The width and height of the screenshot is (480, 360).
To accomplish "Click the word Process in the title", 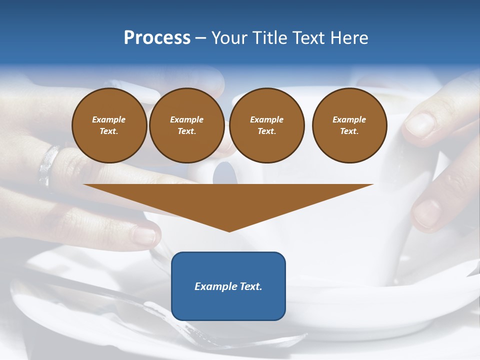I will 157,38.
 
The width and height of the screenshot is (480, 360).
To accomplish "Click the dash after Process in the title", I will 201,38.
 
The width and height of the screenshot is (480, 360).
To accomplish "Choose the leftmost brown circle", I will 109,125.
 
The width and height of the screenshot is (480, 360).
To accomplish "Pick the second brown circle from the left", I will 186,125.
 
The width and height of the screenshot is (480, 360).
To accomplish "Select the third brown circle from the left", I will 266,125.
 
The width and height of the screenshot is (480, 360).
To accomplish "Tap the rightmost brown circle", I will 349,125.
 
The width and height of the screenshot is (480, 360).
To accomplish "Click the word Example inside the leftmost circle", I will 109,119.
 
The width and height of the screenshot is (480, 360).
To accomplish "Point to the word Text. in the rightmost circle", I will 349,131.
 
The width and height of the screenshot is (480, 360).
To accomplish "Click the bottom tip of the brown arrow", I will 229,230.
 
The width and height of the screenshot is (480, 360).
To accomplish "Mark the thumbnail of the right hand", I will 419,125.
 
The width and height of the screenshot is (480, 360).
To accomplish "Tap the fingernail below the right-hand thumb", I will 426,212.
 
